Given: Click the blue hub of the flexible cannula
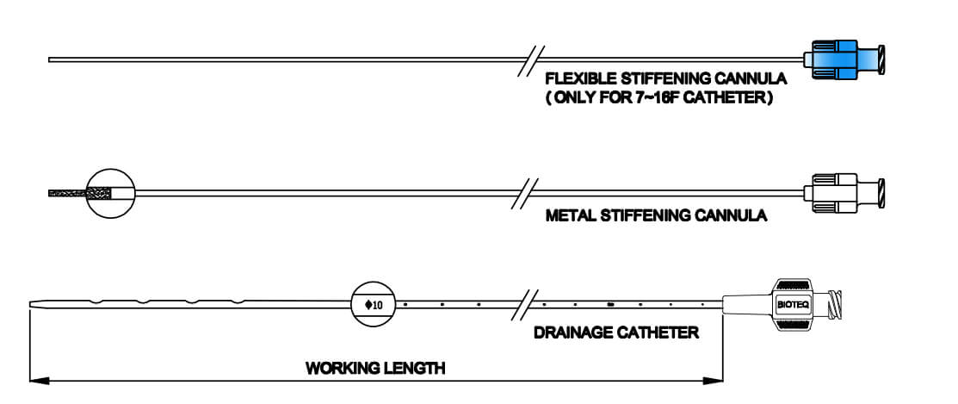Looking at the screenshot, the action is point(844,59).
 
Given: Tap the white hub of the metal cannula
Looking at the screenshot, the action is point(844,194).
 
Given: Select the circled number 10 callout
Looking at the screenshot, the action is point(374,304).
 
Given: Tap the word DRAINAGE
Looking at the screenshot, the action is point(571,333).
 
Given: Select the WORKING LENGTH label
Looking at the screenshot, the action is point(375,369).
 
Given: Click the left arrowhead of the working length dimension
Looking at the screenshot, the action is point(39,381).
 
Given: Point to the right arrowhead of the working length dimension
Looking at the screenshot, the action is point(713,381).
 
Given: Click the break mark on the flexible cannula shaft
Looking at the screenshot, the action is point(531,59).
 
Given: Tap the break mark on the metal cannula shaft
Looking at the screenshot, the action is point(525,194).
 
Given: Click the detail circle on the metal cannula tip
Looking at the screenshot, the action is point(110,194).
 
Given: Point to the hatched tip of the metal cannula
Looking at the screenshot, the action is point(79,194).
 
